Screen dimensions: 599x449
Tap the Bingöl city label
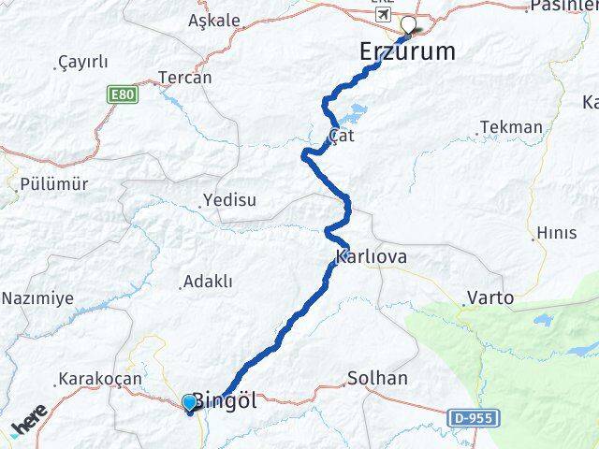click(x=225, y=400)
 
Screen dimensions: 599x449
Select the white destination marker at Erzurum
click(x=408, y=26)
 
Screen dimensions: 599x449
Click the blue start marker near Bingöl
click(x=190, y=403)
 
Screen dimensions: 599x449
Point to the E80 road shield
click(x=122, y=95)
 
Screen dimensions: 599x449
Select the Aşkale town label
click(x=213, y=20)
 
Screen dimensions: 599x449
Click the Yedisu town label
click(x=229, y=199)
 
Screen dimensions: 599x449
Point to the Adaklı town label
click(x=208, y=281)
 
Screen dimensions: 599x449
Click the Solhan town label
click(x=377, y=378)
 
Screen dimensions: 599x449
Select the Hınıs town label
click(x=557, y=232)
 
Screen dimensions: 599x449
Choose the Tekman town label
click(x=510, y=127)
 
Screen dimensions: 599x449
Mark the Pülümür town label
click(x=58, y=184)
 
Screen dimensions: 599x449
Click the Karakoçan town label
click(x=99, y=379)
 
